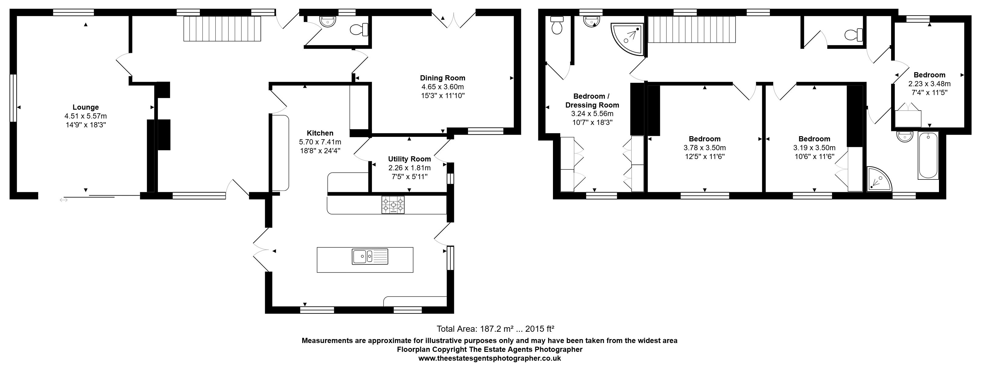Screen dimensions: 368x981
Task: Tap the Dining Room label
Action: (x=442, y=78)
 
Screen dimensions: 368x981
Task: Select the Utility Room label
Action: (x=409, y=159)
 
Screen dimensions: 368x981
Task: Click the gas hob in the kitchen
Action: (x=393, y=205)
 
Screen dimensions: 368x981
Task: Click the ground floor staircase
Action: (x=222, y=29)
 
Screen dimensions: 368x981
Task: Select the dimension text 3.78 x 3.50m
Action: (x=704, y=148)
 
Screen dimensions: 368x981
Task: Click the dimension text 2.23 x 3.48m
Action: (x=929, y=84)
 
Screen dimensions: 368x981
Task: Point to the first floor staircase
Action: (x=692, y=30)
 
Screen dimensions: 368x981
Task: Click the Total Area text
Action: (x=495, y=329)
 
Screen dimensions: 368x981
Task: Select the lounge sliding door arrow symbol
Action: (x=64, y=200)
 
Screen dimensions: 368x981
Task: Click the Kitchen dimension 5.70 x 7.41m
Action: (x=320, y=142)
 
